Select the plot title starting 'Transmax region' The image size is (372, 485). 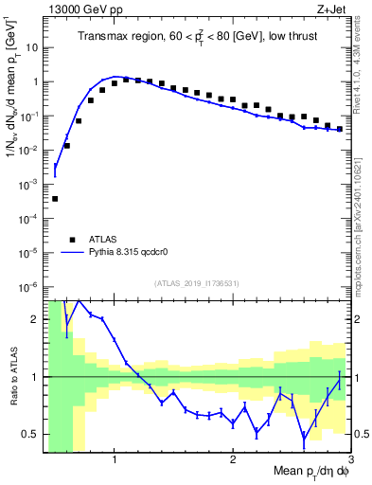click(197, 36)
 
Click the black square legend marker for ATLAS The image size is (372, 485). click(73, 239)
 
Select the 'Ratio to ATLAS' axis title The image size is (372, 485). click(12, 377)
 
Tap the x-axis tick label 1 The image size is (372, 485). click(115, 460)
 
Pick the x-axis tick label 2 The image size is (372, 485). click(233, 460)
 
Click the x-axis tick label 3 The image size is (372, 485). click(350, 460)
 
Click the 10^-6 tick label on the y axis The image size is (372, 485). click(29, 286)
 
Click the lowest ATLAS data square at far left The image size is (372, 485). click(55, 199)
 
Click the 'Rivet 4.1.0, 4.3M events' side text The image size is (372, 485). click(362, 71)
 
